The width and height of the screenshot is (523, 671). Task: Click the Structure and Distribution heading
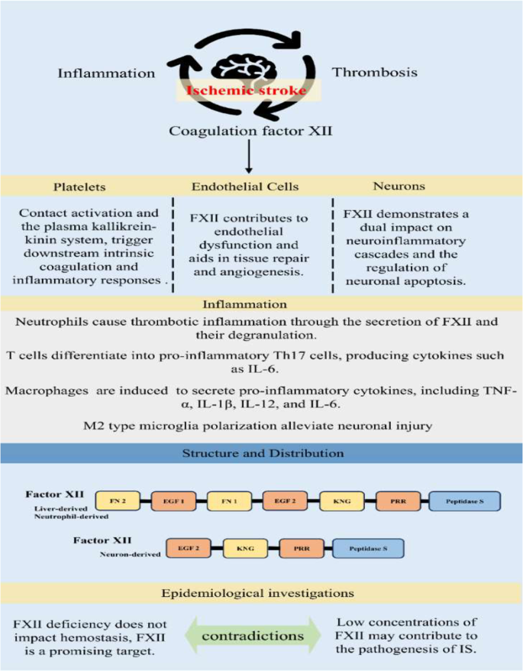[x=262, y=453]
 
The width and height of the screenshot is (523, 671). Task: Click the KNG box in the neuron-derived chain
[x=247, y=549]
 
